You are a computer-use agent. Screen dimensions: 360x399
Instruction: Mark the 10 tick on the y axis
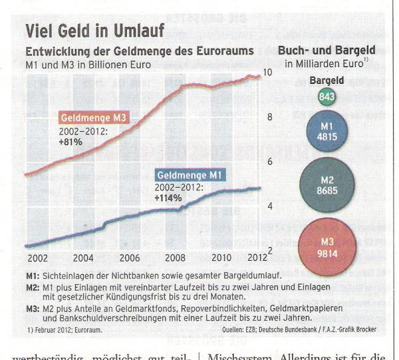point(268,72)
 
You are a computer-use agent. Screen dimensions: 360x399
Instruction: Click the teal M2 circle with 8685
point(327,184)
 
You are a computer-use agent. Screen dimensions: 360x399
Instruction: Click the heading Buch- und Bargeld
point(327,50)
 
